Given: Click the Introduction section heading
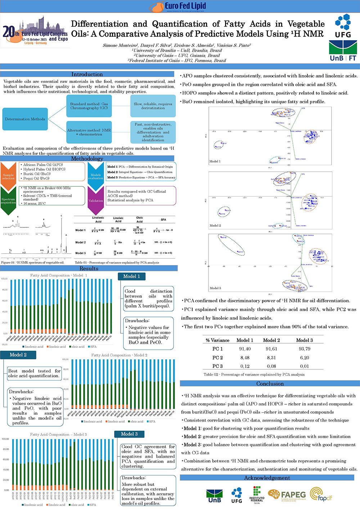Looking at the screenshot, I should (87, 74).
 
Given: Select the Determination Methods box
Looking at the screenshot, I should (25, 119).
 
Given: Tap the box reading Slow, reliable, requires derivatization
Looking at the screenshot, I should (153, 106).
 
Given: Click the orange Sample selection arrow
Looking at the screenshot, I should (8, 176).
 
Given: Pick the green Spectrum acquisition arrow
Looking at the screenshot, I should (8, 200).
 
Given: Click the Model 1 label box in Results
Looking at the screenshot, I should (131, 276).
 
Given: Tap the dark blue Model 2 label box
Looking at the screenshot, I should (18, 355).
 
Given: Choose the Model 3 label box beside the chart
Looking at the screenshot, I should (129, 434).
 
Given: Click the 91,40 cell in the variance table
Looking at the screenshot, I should (245, 349).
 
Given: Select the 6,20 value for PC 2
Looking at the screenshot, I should (305, 358).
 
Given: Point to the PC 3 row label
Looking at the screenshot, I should (217, 366).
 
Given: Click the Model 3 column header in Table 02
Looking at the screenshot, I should (305, 340).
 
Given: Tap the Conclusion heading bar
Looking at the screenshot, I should (270, 383).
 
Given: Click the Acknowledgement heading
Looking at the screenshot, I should (267, 478).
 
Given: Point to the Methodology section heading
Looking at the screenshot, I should (87, 159).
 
